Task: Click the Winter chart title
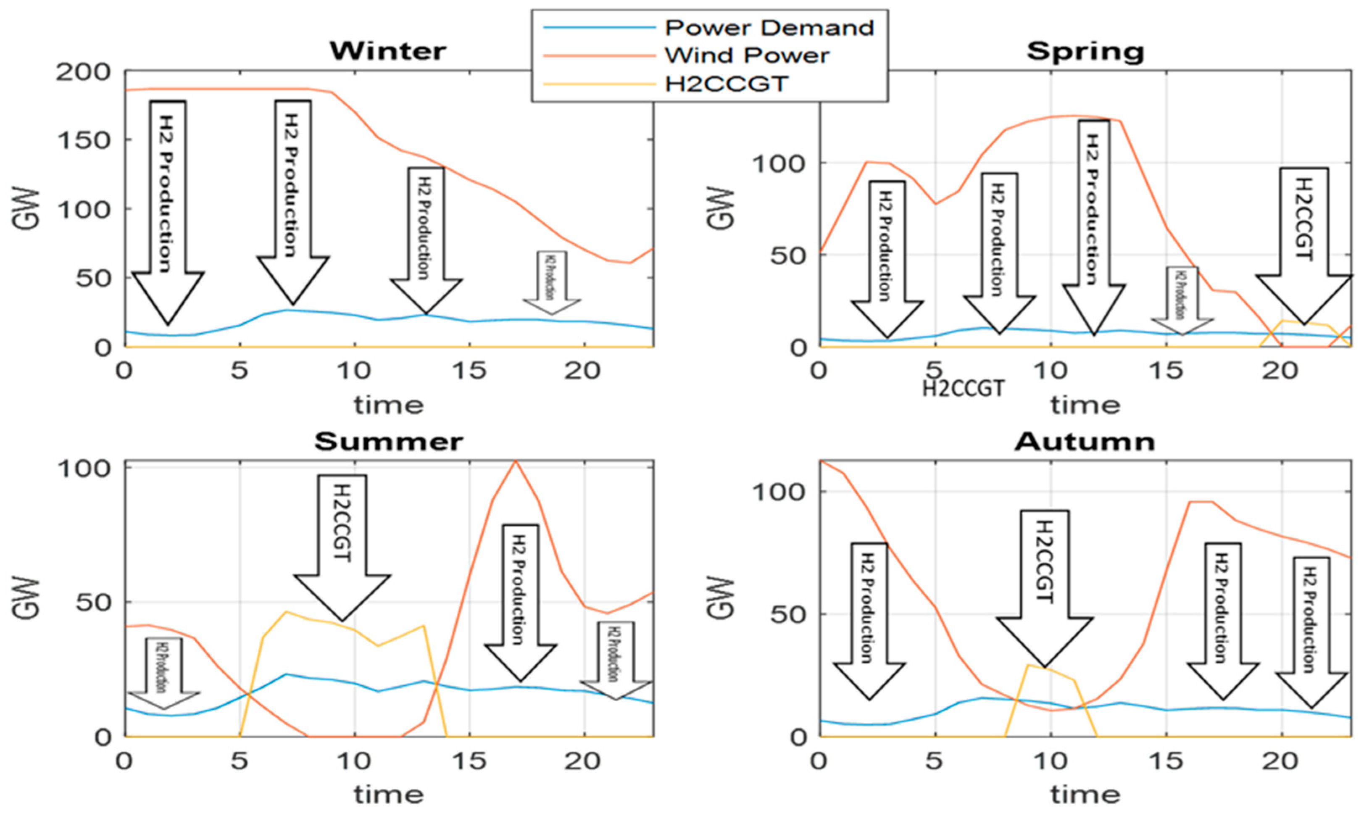coord(388,51)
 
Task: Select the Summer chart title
coord(388,442)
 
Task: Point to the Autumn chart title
coord(1085,442)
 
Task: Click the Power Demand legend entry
coord(769,27)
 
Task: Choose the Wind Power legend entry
coord(747,55)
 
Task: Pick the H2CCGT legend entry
coord(726,84)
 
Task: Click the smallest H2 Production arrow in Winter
coord(551,282)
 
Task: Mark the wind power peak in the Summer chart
coord(515,461)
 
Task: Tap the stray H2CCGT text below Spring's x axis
coord(963,389)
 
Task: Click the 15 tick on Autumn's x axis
coord(1166,761)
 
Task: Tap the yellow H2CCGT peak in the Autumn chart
coord(1028,665)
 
